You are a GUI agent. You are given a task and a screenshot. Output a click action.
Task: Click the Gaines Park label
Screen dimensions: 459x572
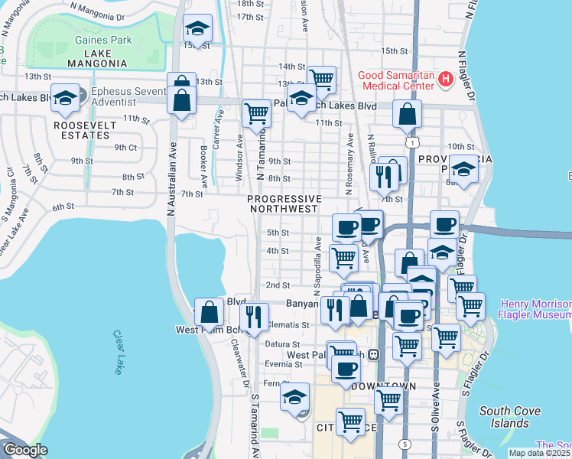click(x=103, y=41)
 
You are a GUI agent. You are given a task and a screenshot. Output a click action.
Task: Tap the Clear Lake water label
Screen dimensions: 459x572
click(x=119, y=352)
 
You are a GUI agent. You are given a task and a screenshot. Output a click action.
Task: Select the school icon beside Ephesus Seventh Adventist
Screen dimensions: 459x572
click(x=67, y=97)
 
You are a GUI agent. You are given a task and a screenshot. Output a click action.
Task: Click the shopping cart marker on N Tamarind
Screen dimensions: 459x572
click(x=256, y=113)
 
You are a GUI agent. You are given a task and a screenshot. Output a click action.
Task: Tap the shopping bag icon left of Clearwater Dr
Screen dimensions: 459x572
click(x=210, y=311)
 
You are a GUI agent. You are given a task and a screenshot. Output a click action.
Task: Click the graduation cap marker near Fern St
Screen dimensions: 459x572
click(x=294, y=396)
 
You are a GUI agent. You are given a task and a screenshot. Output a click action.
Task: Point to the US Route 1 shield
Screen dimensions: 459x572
click(x=412, y=143)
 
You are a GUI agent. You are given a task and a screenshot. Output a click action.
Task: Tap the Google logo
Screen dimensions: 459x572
click(x=26, y=450)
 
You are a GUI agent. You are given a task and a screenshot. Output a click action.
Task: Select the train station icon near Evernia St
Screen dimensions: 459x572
click(x=374, y=354)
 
